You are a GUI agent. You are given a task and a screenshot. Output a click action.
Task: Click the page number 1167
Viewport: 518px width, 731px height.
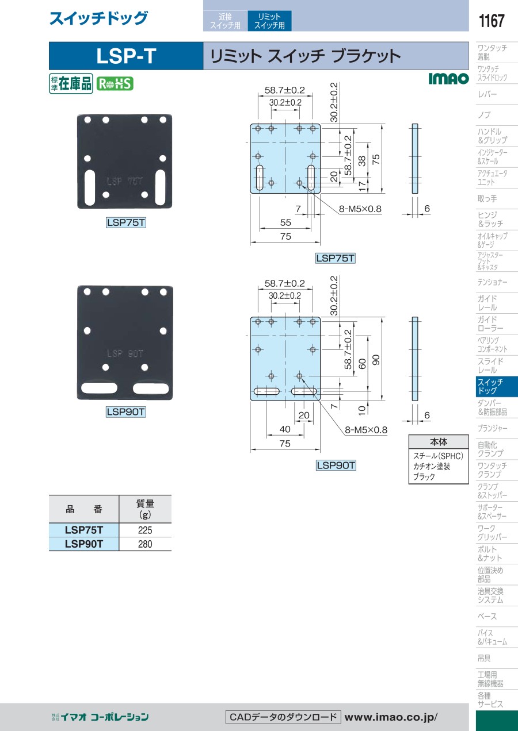click(492, 21)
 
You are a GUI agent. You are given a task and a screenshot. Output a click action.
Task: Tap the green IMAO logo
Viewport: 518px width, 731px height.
click(449, 79)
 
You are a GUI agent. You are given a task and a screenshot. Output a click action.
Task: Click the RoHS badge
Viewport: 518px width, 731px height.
click(115, 84)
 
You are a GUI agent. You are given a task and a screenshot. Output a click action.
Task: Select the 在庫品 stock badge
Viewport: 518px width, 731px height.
click(71, 83)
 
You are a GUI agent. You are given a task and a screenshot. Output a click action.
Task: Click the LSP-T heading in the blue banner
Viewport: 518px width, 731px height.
click(126, 56)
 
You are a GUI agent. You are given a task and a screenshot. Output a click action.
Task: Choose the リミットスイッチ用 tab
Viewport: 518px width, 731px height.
click(269, 21)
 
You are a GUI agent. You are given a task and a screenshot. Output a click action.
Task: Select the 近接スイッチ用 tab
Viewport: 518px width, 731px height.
click(225, 21)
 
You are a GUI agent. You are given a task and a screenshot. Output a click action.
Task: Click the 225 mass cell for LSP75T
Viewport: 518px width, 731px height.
click(145, 530)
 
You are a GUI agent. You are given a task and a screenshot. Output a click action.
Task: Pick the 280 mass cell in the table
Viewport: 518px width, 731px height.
click(145, 544)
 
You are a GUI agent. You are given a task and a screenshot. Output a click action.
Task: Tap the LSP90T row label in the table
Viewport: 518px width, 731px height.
click(84, 544)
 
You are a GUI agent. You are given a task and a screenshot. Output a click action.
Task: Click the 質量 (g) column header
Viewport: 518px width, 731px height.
click(145, 509)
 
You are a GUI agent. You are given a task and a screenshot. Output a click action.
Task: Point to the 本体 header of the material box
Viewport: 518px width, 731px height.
click(439, 442)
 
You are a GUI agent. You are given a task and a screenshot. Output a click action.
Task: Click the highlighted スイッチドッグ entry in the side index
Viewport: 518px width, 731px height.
click(497, 386)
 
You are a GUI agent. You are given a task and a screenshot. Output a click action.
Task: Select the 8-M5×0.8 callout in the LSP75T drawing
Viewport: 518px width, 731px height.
click(360, 209)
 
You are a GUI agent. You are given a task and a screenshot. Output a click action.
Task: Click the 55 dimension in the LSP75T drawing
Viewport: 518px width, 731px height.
click(285, 222)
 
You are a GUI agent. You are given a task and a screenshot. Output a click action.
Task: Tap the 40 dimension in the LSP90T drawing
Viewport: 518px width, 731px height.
click(285, 429)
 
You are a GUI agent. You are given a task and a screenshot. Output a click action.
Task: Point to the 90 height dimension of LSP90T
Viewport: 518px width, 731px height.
click(376, 360)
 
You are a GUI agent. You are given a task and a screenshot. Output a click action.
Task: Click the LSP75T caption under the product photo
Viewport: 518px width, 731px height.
click(126, 222)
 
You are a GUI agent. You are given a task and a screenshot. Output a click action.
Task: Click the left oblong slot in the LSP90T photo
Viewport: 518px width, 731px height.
click(100, 388)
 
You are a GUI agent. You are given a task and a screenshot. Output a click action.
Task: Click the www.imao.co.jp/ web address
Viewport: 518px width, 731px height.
click(391, 717)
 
